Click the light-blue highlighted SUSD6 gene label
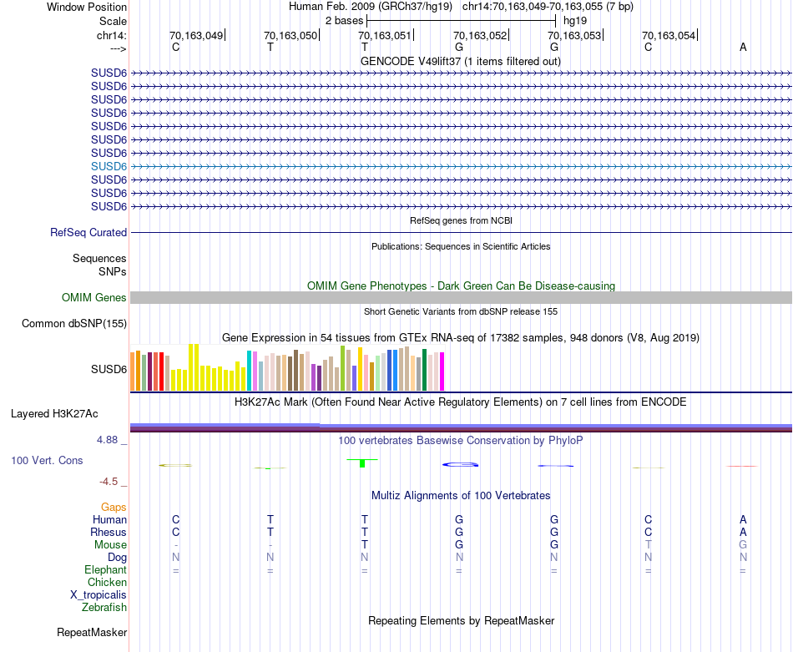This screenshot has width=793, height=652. pos(109,166)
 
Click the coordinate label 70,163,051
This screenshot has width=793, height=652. pos(385,35)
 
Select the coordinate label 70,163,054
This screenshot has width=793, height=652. pos(668,35)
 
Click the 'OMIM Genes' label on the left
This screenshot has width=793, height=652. pos(94,298)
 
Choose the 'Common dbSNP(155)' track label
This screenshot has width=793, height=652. pos(74,324)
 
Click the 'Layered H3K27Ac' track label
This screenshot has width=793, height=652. pos(54,413)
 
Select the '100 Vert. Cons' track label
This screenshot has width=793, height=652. pos(47,460)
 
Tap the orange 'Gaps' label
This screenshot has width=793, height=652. pos(114,507)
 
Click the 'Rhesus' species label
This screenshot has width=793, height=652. pos(109,532)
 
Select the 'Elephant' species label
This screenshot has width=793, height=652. pos(105,569)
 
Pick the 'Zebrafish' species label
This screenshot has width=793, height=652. pos(104,607)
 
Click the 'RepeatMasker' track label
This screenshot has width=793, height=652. pos(92,633)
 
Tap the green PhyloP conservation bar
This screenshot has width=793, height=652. pos(362,462)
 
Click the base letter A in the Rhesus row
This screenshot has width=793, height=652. pos(743,532)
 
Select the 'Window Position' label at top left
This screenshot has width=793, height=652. pos(87,7)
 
